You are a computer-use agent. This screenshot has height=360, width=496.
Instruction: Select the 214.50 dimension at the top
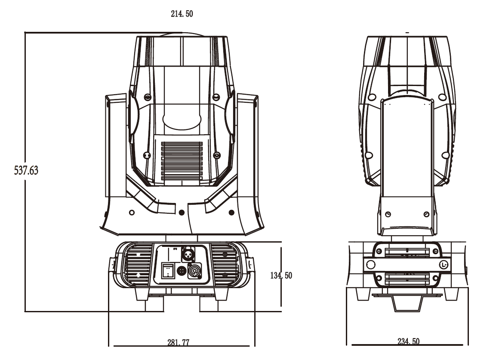182,14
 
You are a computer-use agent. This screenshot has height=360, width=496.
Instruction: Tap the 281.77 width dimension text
179,342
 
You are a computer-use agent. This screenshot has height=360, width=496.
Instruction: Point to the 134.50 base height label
281,275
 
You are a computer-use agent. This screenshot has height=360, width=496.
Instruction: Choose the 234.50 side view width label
408,342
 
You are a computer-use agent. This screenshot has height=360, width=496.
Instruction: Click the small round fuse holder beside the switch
181,271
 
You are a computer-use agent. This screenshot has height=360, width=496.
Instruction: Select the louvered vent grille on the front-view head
182,160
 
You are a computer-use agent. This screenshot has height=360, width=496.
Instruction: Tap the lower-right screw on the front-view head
216,155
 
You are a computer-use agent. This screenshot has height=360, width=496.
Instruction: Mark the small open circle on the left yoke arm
132,212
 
